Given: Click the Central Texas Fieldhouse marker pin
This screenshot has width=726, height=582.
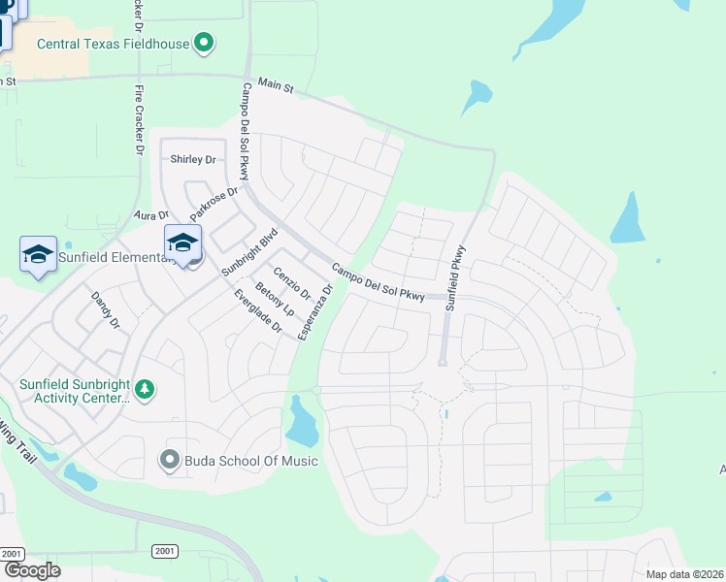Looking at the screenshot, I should click(204, 43).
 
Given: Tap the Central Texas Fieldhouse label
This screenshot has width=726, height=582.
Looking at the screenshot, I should click(113, 43).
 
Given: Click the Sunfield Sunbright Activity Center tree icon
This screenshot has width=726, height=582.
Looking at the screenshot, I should click(145, 389).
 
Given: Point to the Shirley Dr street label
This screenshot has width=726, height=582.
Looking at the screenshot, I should click(191, 159).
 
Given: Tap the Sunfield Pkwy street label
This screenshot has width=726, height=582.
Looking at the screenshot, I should click(456, 276).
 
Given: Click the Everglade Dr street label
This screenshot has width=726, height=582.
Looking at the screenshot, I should click(257, 311).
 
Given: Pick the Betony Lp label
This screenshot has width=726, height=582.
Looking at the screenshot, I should click(276, 300).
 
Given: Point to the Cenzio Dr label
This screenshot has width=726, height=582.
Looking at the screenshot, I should click(292, 282).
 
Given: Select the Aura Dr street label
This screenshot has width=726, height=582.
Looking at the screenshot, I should click(153, 215).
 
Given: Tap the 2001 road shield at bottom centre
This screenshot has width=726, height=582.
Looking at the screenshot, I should click(165, 551).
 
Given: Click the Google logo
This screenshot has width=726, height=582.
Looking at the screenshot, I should click(32, 570).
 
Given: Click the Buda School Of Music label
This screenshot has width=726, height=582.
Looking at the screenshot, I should click(238, 460).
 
